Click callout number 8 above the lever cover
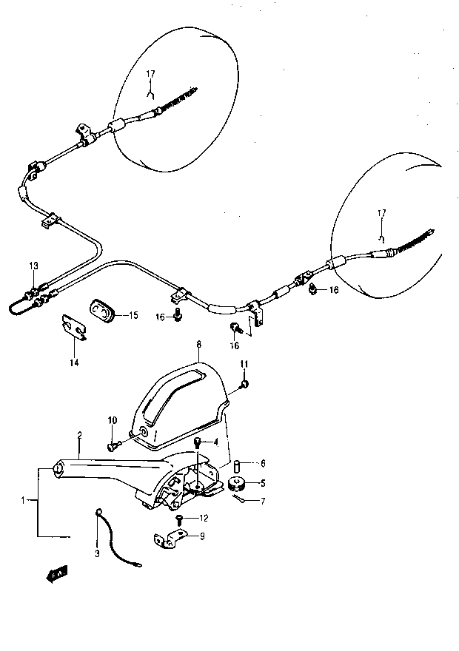click(199, 344)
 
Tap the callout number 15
click(133, 316)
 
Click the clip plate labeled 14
click(74, 327)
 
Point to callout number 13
click(33, 266)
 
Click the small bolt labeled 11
click(244, 384)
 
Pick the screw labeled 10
click(114, 446)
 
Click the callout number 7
click(263, 501)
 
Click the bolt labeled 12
click(180, 520)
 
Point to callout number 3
click(97, 554)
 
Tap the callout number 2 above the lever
click(79, 435)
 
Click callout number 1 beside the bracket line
click(23, 501)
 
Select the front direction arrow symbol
click(57, 575)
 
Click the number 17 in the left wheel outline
click(150, 74)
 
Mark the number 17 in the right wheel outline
click(382, 213)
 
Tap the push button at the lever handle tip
click(57, 469)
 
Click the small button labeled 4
click(198, 442)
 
